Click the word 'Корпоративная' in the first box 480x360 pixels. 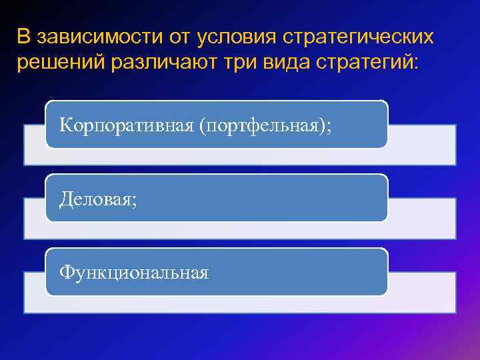(x=125, y=125)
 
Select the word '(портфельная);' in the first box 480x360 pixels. (x=263, y=125)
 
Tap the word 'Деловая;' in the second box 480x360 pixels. (x=98, y=199)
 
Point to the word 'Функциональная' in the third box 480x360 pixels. (x=134, y=272)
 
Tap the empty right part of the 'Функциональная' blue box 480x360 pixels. (x=300, y=272)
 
